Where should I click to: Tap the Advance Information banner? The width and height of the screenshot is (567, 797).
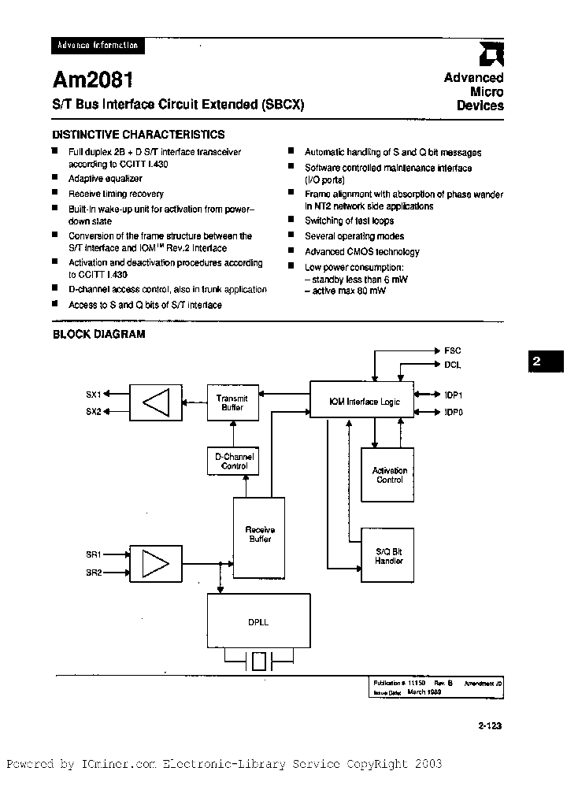pyautogui.click(x=98, y=46)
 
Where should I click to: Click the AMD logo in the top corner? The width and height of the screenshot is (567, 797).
pyautogui.click(x=494, y=54)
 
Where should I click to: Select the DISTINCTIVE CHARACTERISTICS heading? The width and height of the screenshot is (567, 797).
pyautogui.click(x=139, y=135)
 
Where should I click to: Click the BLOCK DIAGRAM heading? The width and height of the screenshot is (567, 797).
pyautogui.click(x=99, y=334)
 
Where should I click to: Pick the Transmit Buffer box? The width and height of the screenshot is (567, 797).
pyautogui.click(x=232, y=402)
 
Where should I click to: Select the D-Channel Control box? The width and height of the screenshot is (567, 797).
pyautogui.click(x=233, y=462)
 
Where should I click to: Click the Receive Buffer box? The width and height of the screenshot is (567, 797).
pyautogui.click(x=259, y=536)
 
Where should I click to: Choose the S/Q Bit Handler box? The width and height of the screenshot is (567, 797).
pyautogui.click(x=388, y=556)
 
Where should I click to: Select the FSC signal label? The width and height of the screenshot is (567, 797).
pyautogui.click(x=453, y=350)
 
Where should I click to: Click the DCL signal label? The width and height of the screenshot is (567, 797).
pyautogui.click(x=453, y=365)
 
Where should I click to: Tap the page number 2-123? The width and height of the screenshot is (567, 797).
pyautogui.click(x=489, y=726)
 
